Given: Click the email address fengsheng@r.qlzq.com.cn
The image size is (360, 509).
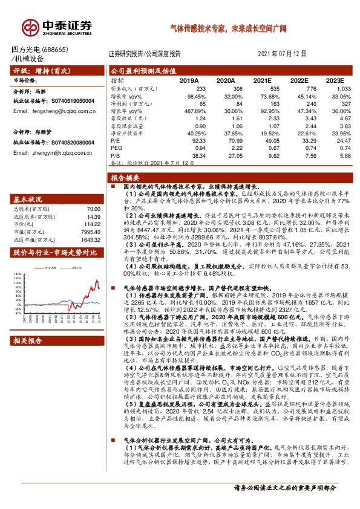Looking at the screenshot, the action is [x=62, y=111].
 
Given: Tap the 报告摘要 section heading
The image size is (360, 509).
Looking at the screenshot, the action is [x=124, y=178].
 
